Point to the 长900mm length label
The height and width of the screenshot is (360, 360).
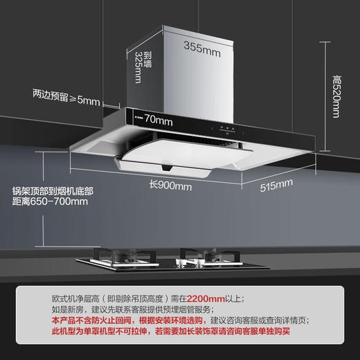click(171, 186)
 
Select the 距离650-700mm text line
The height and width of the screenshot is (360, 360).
click(50, 201)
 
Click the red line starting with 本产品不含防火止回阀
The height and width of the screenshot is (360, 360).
click(180, 322)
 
